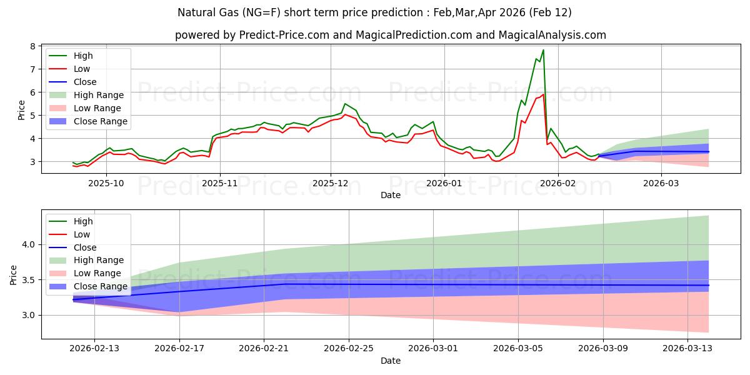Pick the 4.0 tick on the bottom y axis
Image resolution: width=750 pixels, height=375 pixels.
[29, 244]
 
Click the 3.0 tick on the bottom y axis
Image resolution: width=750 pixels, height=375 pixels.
[29, 316]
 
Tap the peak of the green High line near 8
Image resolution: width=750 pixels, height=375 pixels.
[543, 50]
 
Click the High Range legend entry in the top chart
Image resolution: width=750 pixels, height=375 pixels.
[99, 95]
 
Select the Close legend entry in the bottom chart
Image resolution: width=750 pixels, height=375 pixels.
[85, 247]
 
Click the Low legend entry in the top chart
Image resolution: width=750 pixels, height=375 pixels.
[82, 69]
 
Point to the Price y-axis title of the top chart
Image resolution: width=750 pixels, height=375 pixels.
[22, 110]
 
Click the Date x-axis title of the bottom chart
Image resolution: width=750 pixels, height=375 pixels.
[391, 361]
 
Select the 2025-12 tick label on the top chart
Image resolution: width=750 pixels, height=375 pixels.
[331, 184]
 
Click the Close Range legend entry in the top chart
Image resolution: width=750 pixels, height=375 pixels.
[100, 121]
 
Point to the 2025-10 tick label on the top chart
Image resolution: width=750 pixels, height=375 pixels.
[106, 184]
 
